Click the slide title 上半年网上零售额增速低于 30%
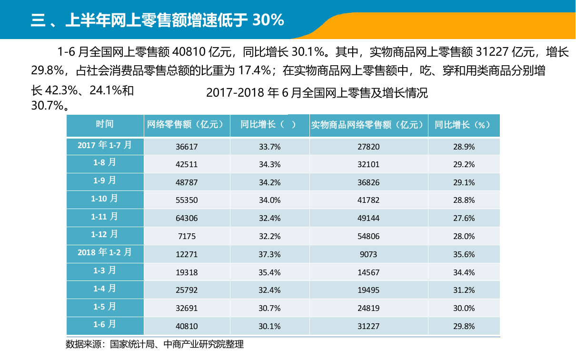pos(157,20)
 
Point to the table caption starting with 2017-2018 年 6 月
pos(317,93)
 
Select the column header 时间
pos(105,124)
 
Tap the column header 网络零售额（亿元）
pos(186,125)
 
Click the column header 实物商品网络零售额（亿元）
pos(367,125)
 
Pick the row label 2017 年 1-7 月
pos(105,145)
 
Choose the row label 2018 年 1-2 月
pos(105,252)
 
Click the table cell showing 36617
pos(187,147)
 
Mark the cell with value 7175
pos(187,236)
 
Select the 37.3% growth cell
pos(269,254)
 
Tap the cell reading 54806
pos(369,236)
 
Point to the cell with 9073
pos(369,254)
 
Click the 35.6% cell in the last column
pos(464,254)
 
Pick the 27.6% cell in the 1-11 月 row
pos(464,218)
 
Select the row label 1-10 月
pos(105,199)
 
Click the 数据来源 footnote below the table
pos(154,344)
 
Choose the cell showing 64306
pos(187,218)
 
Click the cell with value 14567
pos(369,272)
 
